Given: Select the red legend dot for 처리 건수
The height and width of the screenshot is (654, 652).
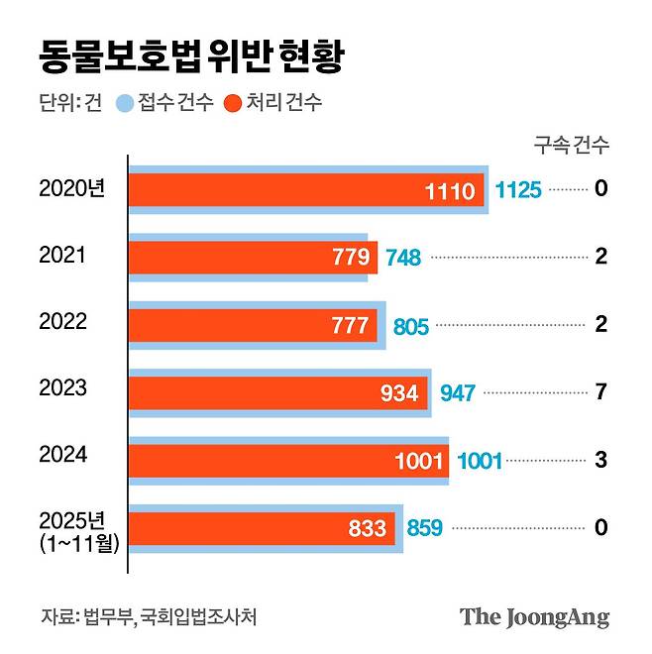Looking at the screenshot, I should pos(234,103).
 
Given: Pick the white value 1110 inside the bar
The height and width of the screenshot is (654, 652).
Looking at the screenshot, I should pos(450,190).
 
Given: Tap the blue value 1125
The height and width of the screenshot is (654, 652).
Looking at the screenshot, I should pos(518,190).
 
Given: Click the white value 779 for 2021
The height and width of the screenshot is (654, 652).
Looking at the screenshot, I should pos(353,258).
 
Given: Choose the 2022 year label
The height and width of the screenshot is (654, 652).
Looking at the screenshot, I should pos(62,321).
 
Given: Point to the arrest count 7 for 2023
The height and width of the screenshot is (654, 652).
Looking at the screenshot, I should pos(600,392).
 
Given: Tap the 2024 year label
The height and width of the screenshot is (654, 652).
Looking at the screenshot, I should pos(62,455).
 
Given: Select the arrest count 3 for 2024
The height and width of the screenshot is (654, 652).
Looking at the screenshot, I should pos(600,460).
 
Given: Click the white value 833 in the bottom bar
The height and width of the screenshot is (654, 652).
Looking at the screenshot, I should pos(369,528).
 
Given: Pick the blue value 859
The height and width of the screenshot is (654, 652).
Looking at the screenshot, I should pos(425,528).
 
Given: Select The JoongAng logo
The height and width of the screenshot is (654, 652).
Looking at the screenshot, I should pos(534,616).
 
